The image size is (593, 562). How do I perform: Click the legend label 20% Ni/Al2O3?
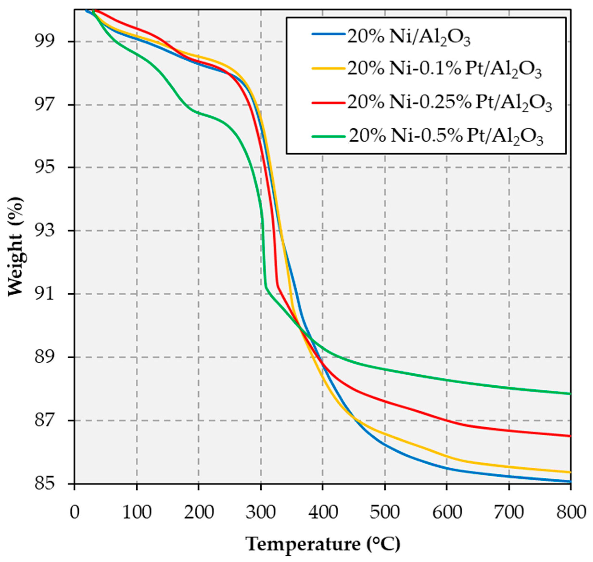(x=409, y=38)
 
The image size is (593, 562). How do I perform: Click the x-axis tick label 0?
(x=75, y=512)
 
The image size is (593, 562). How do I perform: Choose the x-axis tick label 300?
(x=261, y=512)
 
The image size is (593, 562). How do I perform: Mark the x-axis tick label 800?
(x=570, y=512)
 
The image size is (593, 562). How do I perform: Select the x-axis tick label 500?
(x=385, y=512)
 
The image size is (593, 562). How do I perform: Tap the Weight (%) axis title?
(x=15, y=246)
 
